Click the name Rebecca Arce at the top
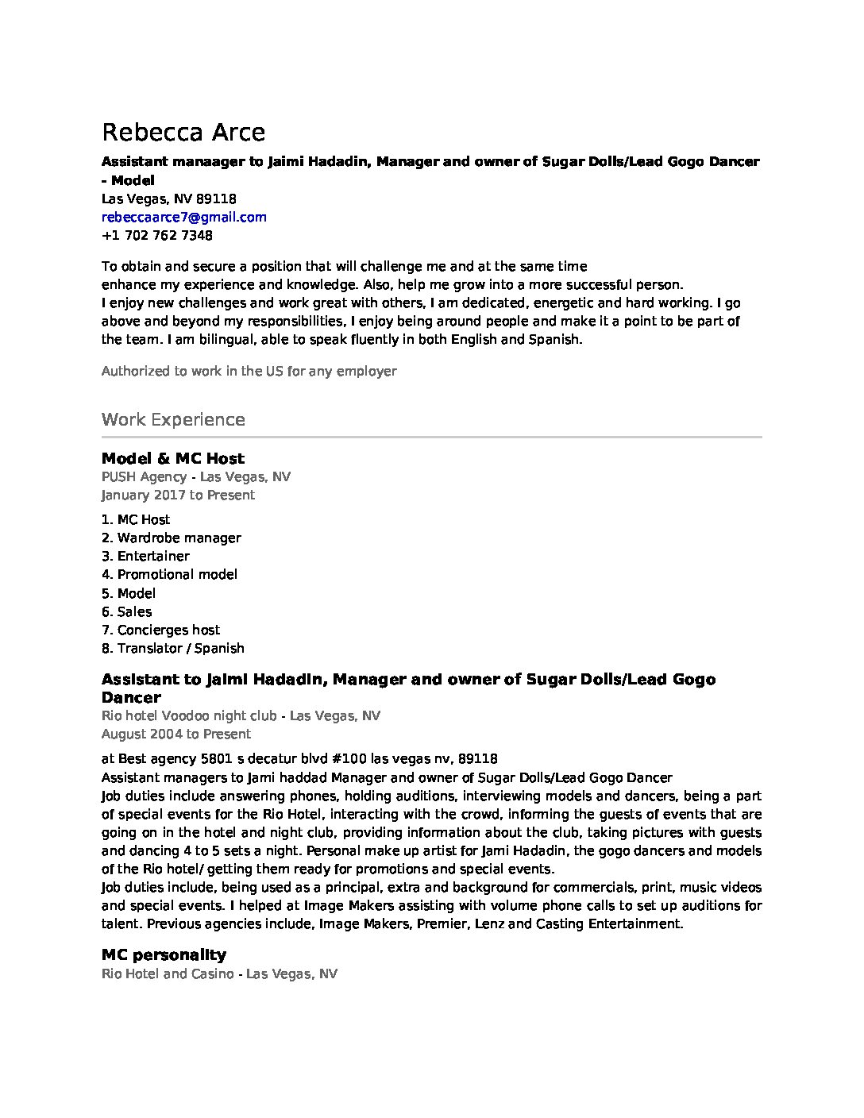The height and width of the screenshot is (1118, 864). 183,133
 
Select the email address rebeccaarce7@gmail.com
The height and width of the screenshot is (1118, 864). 183,217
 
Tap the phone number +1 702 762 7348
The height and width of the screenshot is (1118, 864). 156,236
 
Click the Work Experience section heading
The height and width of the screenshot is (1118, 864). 173,419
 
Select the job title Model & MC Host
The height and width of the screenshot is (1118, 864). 173,458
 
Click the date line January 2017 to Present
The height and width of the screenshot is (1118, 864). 178,495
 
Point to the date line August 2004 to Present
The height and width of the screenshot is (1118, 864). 175,734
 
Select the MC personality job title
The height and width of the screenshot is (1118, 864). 164,954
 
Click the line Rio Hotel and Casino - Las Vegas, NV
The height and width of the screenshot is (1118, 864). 219,973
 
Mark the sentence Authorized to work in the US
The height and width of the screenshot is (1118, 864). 249,371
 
